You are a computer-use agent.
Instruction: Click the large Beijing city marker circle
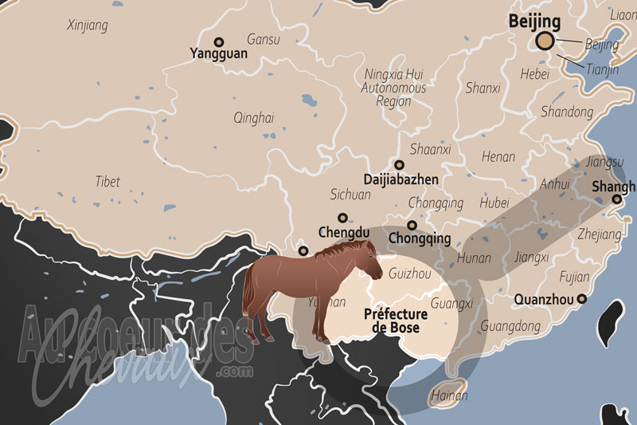pos(545,41)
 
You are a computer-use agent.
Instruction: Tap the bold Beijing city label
pos(535,21)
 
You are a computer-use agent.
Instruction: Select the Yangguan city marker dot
pos(219,42)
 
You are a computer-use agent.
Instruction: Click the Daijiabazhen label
pos(401,179)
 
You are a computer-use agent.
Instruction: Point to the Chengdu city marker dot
pos(342,218)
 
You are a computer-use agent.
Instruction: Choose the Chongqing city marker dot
pos(412,225)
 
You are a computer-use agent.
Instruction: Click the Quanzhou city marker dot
pos(582,299)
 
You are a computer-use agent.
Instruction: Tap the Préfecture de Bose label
pos(396,321)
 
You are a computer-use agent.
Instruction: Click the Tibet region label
pos(107,182)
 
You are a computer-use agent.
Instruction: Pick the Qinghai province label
pos(253,118)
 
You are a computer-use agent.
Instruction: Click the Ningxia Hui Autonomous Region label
pos(393,87)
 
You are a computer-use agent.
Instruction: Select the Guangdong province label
pos(510,326)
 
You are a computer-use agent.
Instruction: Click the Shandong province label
pos(567,112)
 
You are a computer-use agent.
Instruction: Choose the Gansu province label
pos(263,38)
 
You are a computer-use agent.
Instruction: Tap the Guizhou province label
pos(410,273)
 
